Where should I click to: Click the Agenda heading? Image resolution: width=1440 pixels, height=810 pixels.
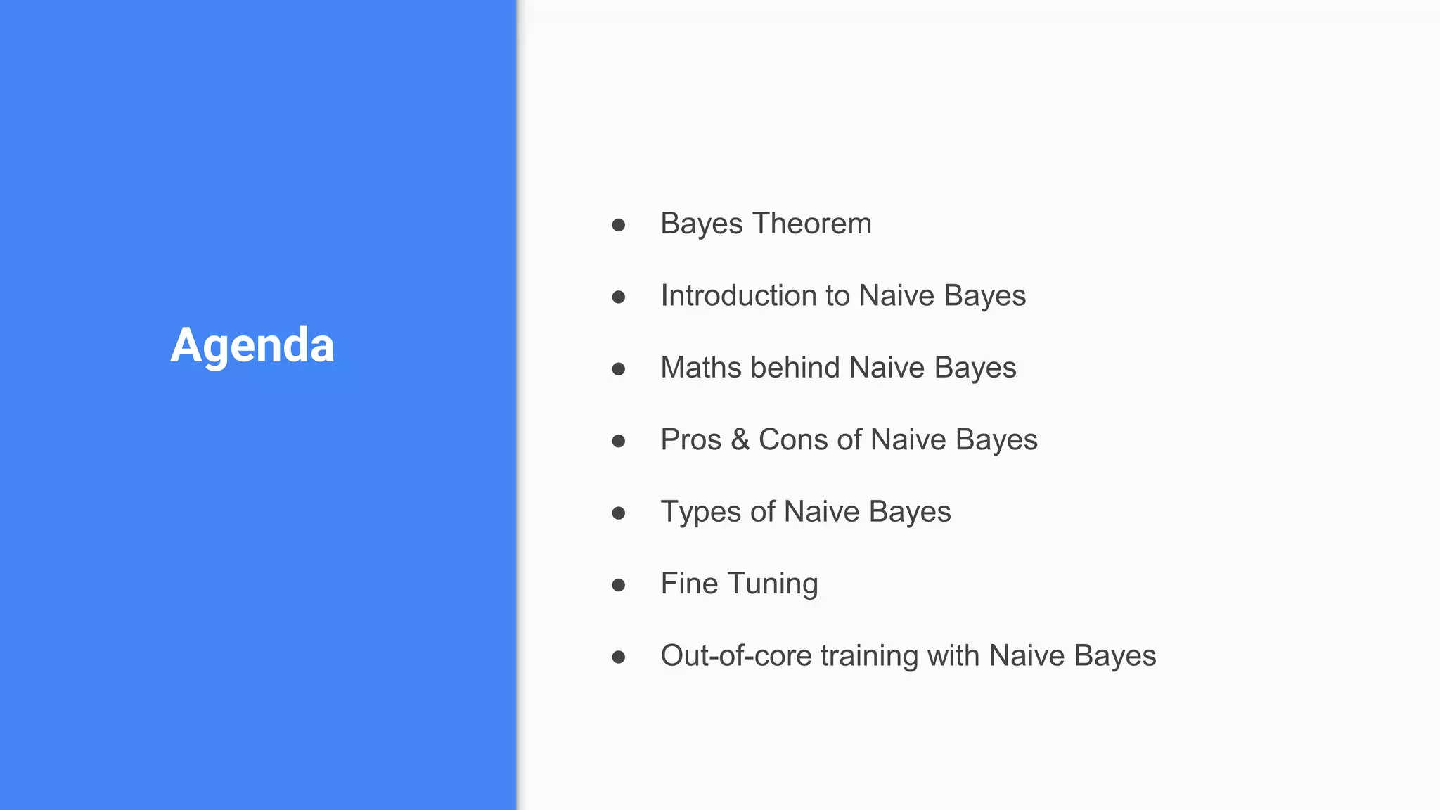point(252,345)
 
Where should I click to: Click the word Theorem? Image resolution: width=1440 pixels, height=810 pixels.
point(812,224)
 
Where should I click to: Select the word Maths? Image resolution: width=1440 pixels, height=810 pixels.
point(700,368)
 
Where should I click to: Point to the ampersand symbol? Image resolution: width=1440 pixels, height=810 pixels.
point(740,440)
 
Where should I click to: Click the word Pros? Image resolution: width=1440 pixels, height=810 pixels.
point(691,440)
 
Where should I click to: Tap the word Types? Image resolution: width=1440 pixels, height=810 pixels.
point(701,512)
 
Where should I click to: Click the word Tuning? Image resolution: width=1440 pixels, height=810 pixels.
point(773,584)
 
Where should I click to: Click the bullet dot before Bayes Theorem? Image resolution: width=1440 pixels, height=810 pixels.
point(619,225)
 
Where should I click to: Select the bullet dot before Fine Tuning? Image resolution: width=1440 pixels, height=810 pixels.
point(619,585)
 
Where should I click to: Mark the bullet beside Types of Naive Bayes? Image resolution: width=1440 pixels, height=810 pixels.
point(619,513)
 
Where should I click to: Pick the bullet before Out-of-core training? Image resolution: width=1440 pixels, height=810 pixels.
point(619,657)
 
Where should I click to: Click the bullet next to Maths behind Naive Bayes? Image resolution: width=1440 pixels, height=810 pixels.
point(619,369)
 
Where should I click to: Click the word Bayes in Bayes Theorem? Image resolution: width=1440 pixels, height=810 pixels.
point(702,224)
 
